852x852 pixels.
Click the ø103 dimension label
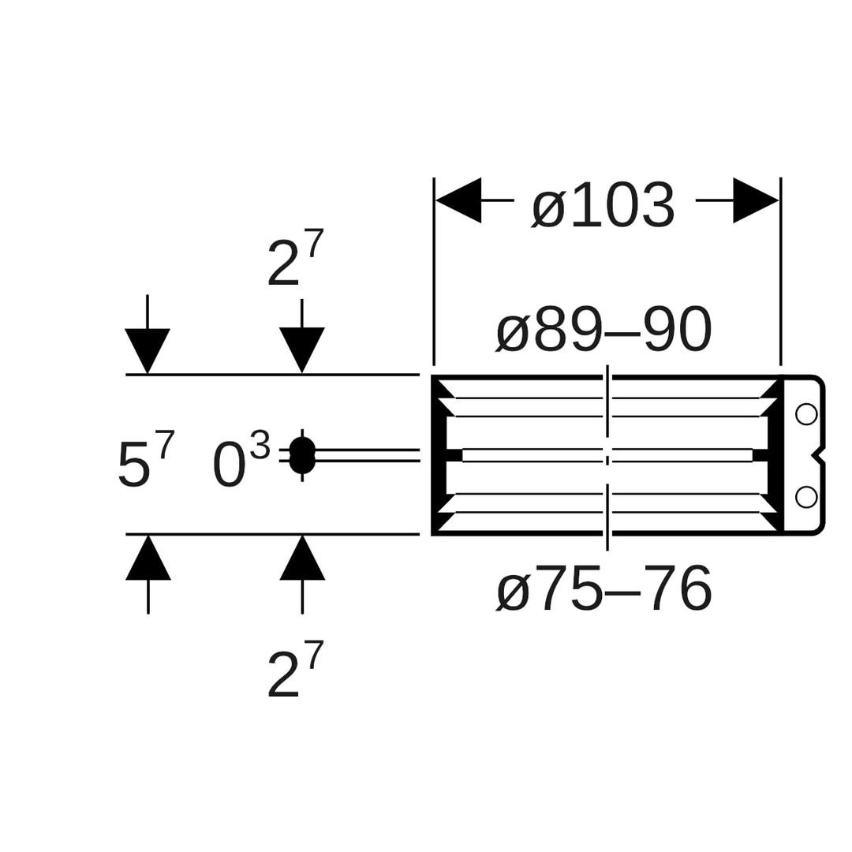coord(603,206)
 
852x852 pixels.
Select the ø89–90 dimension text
coord(604,330)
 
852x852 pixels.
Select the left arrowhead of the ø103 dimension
coord(458,200)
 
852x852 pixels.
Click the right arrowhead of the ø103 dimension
coord(756,200)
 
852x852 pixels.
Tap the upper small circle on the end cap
coord(806,413)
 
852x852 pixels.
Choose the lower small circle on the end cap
coord(806,496)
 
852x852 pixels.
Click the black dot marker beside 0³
coord(302,455)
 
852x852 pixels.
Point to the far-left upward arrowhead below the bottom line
coord(148,558)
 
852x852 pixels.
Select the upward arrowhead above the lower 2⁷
coord(302,558)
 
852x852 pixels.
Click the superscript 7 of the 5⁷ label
coord(166,444)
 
